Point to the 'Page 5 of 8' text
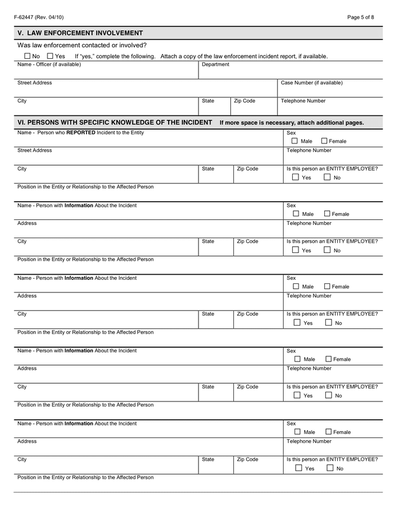coord(360,17)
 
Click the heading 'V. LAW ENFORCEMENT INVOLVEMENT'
coord(80,33)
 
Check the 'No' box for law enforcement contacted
coord(27,56)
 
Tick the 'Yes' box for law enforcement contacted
coord(50,56)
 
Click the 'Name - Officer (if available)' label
coord(49,65)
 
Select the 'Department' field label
coord(216,65)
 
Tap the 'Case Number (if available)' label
coord(312,83)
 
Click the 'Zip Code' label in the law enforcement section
coord(244,101)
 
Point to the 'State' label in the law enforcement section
coord(208,101)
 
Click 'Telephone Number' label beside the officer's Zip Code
coord(303,101)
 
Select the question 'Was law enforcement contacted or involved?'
coord(82,45)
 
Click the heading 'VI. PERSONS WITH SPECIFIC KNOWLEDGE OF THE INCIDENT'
coord(115,122)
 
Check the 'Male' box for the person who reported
coord(294,140)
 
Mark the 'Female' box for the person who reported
coord(324,140)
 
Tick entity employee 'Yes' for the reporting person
coord(295,177)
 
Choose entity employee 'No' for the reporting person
coord(327,177)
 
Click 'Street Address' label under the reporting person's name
coord(34,151)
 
